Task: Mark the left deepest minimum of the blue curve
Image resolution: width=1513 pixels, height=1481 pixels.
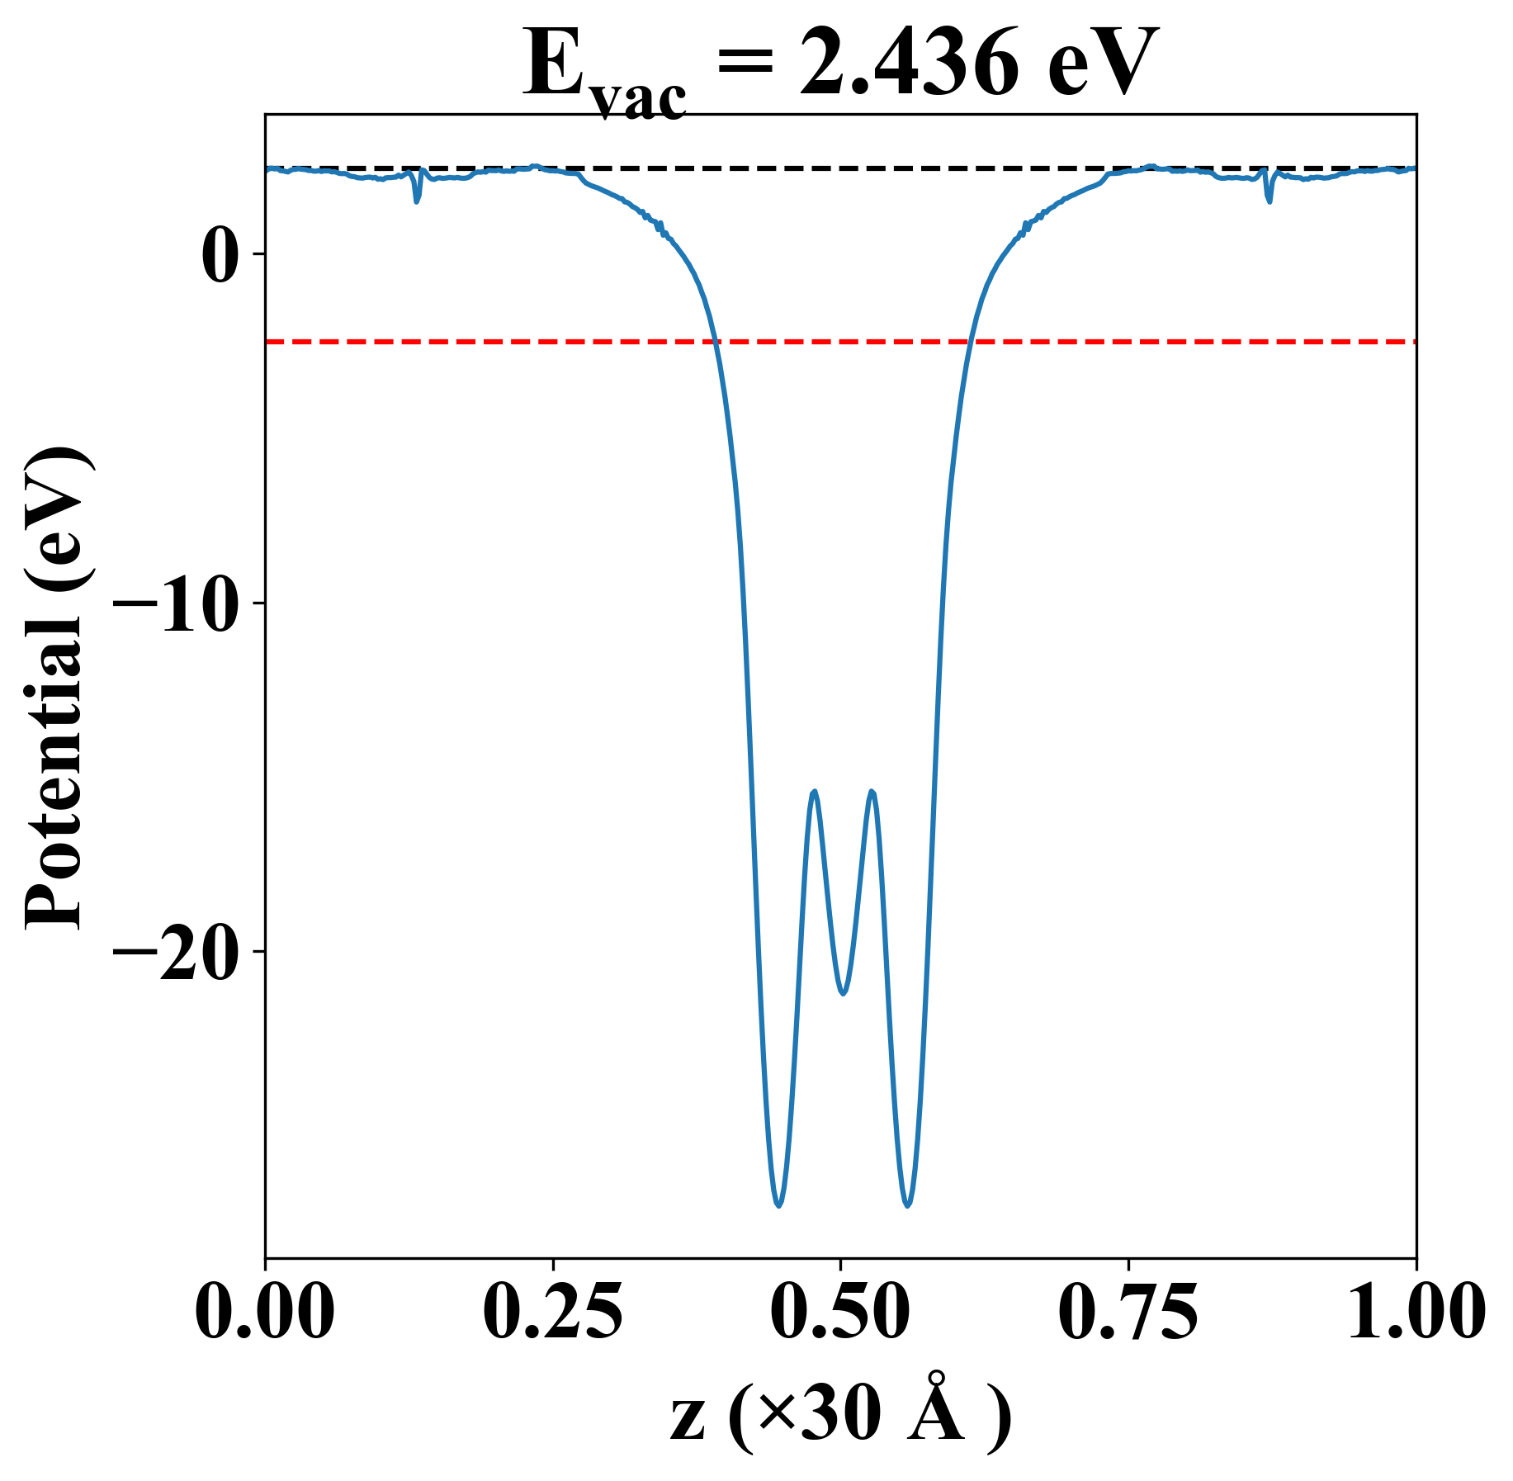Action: [778, 1206]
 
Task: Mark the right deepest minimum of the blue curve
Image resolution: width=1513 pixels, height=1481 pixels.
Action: [908, 1206]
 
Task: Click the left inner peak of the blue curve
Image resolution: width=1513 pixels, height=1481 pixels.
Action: [815, 792]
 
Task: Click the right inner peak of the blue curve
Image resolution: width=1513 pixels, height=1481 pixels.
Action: [872, 792]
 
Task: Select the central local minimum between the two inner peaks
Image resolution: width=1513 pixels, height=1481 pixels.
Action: [843, 993]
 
